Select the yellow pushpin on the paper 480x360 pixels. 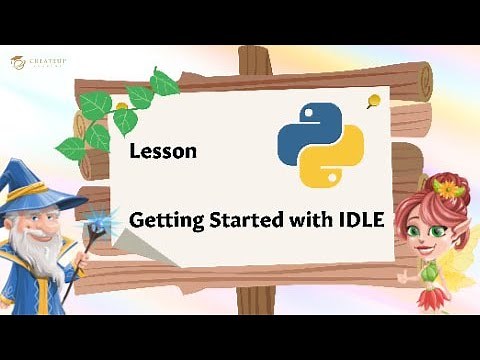[x=372, y=99]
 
